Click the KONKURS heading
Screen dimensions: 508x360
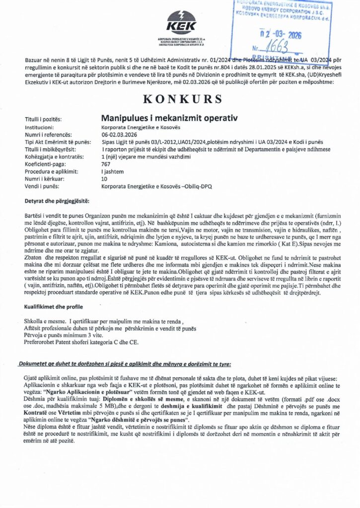pyautogui.click(x=179, y=99)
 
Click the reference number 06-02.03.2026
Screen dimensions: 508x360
pyautogui.click(x=119, y=134)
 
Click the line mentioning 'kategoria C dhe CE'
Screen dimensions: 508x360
pyautogui.click(x=82, y=342)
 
